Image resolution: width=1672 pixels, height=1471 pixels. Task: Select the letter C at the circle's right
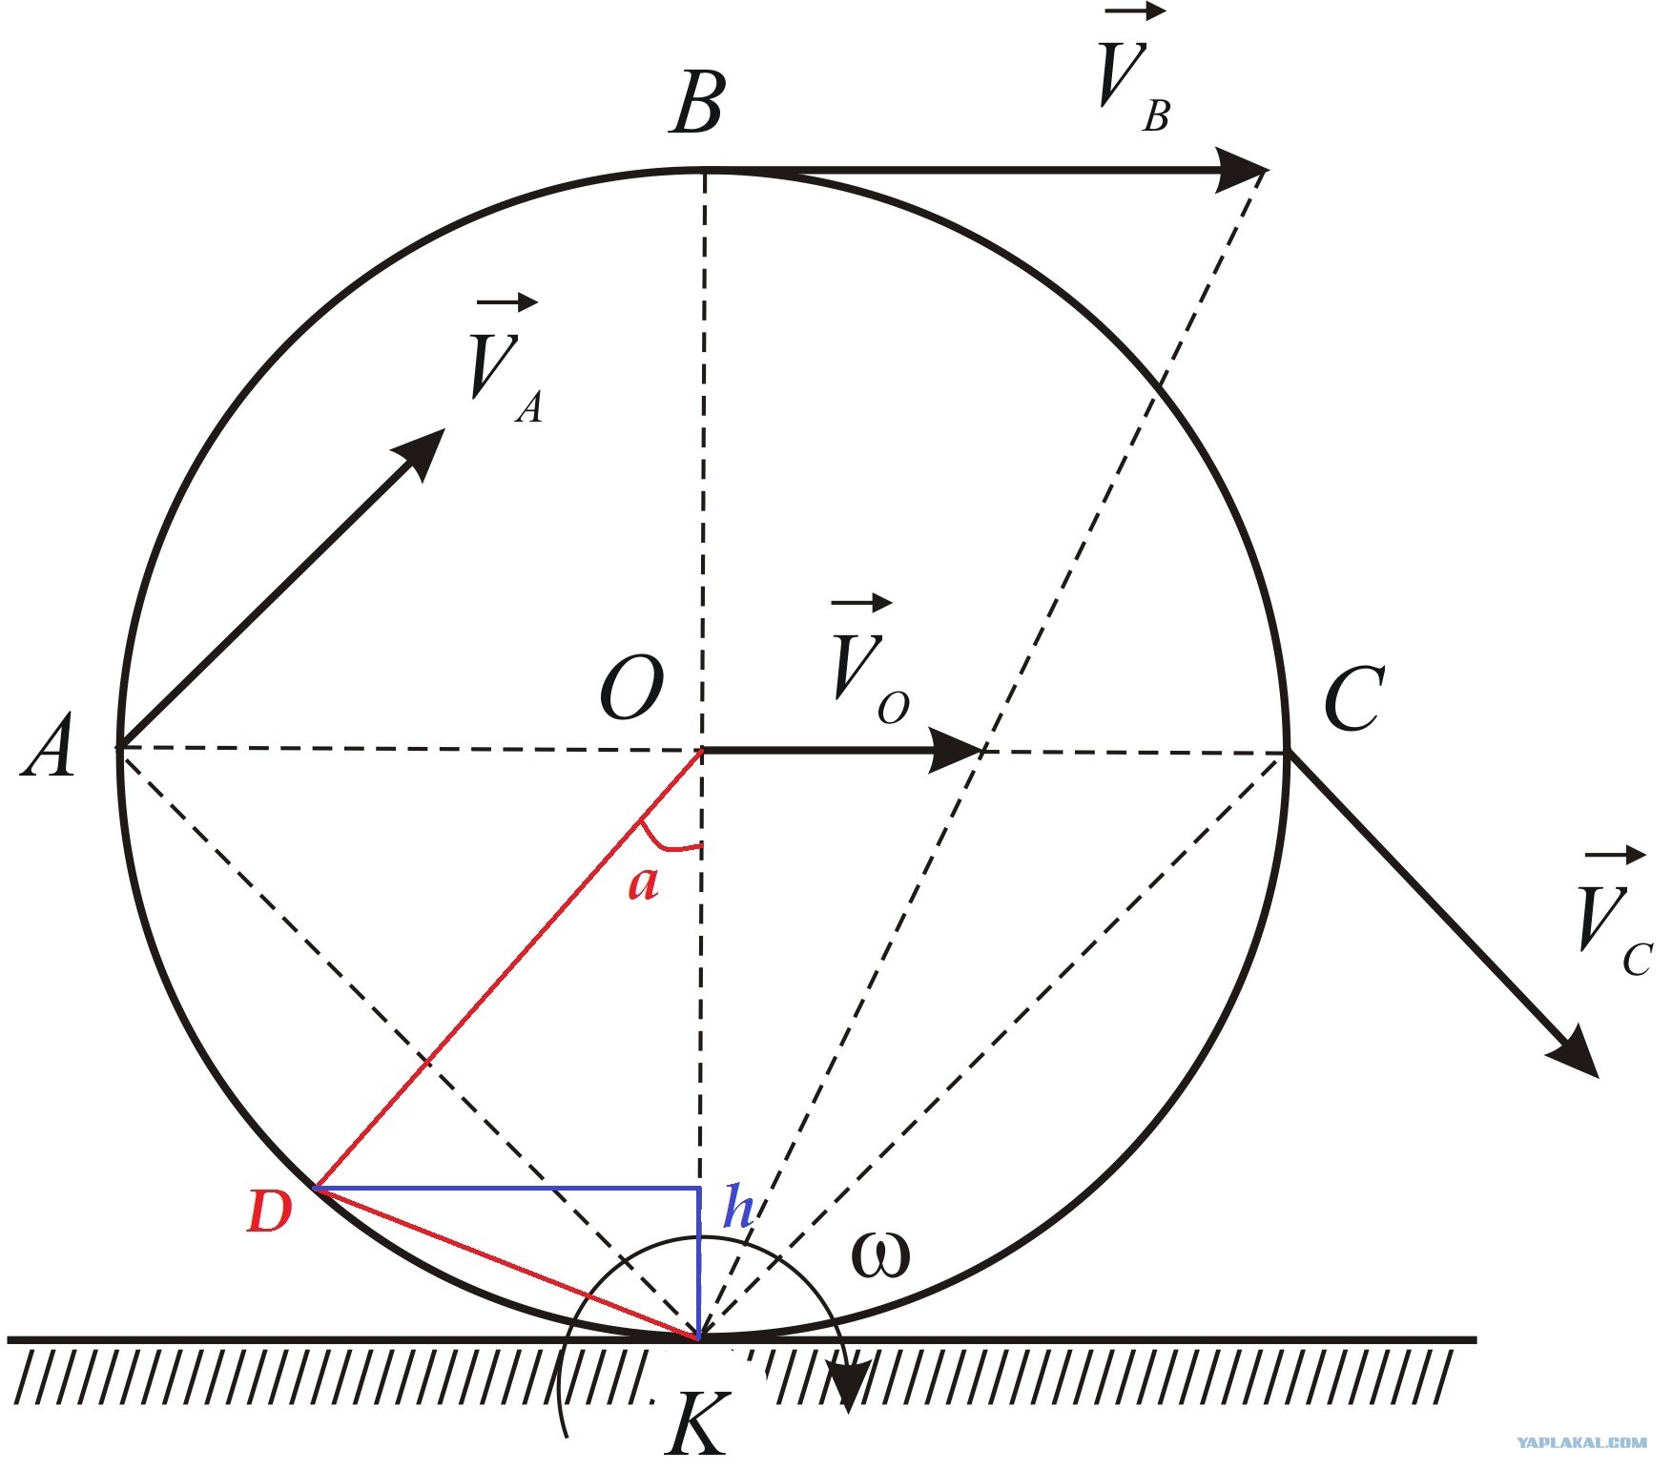(x=1352, y=698)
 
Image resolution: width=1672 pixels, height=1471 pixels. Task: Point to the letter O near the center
(x=630, y=688)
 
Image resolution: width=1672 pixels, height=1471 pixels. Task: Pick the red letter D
(x=269, y=1212)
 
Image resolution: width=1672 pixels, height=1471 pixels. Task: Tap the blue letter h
(x=738, y=1206)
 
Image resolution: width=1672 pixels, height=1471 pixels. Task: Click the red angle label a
(x=643, y=884)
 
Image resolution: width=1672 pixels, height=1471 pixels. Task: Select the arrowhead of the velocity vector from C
(x=1575, y=1053)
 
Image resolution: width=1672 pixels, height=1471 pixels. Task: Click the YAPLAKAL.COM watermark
(x=1580, y=1443)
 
